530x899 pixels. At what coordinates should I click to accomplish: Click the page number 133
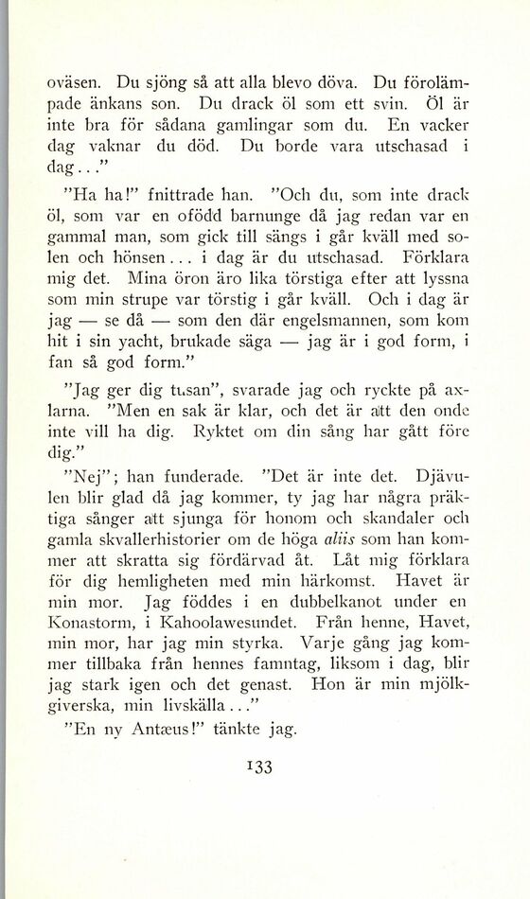click(257, 767)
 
